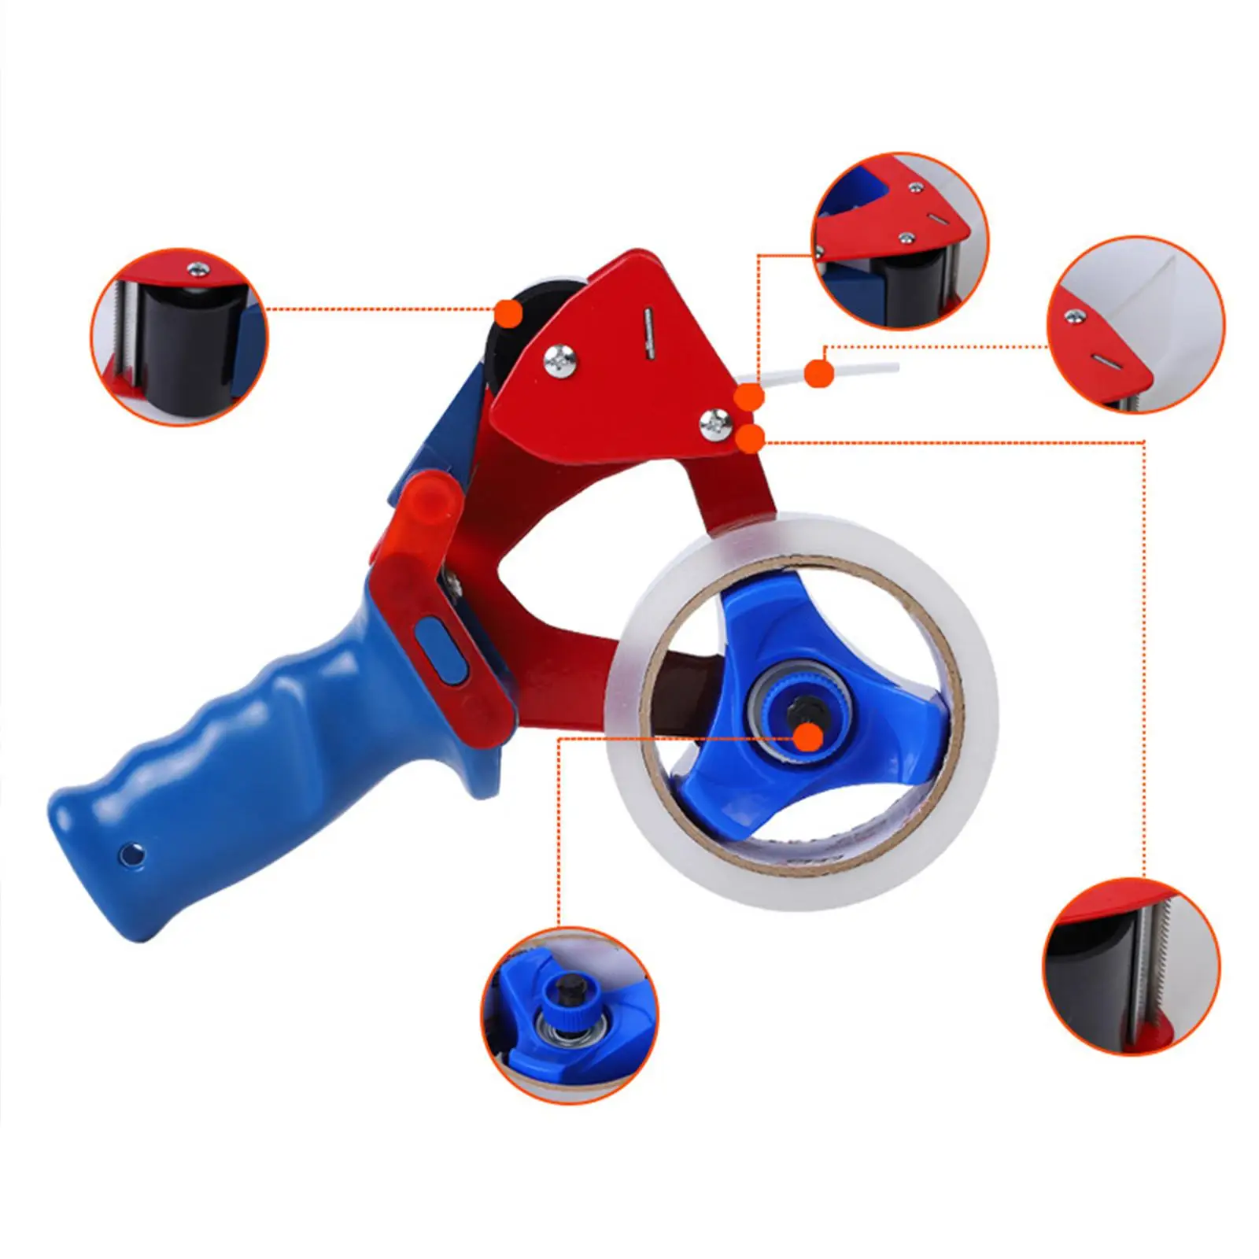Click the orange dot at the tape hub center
pos(808,737)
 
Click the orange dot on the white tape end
pos(820,372)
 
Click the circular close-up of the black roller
pos(179,337)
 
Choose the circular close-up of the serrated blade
pos(1132,968)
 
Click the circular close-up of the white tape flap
pos(1135,323)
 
